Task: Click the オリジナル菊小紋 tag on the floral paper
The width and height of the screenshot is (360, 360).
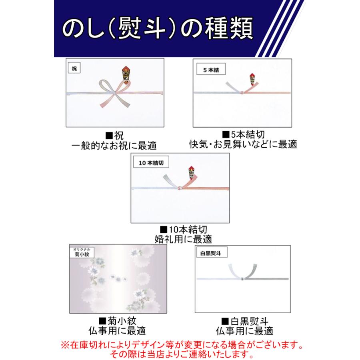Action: (82, 252)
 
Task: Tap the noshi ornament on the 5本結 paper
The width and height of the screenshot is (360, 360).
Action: (253, 80)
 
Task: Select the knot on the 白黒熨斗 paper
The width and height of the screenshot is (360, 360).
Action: (242, 278)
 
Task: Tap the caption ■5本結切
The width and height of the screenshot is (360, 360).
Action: (243, 134)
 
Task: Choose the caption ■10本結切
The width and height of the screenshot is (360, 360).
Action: (183, 230)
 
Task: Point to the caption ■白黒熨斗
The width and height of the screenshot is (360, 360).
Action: (244, 321)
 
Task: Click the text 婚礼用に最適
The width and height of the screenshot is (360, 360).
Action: (183, 239)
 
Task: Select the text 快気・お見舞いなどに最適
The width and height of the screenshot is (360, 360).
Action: (243, 144)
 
